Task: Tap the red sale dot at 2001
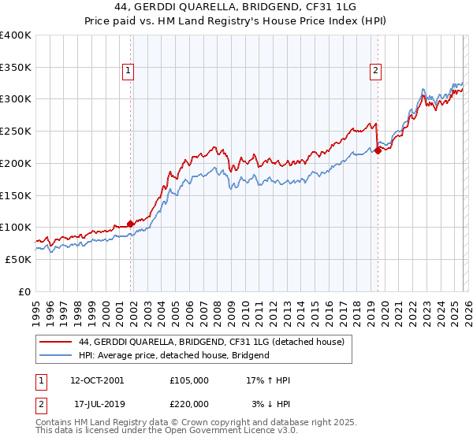pos(130,224)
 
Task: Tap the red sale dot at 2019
pos(378,150)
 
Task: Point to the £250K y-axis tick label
pos(17,132)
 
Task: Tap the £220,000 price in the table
pos(188,402)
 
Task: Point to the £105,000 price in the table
pos(188,380)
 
